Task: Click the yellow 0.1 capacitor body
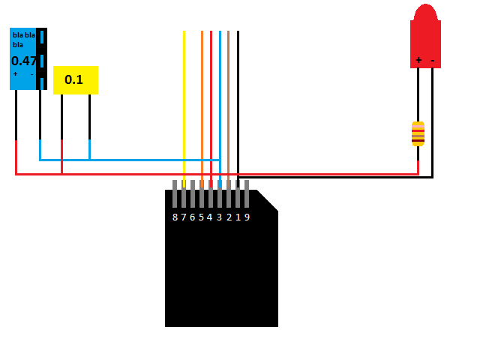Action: [76, 80]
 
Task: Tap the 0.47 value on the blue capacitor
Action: [24, 61]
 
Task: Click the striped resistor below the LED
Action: [418, 134]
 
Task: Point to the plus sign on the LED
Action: [418, 60]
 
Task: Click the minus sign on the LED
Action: [433, 61]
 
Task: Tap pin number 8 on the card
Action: [175, 217]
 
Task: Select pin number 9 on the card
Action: [247, 217]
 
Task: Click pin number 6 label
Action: [193, 217]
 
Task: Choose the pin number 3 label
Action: [220, 217]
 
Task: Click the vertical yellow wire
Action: [184, 109]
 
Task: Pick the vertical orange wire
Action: [202, 109]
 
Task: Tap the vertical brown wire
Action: [228, 109]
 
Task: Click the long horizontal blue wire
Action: [130, 160]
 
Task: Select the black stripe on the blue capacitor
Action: [42, 58]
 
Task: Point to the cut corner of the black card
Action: [268, 200]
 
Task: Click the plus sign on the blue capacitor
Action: [15, 73]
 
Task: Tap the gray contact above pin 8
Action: [175, 193]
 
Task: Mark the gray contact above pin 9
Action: [247, 193]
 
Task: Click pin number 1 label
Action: [238, 217]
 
